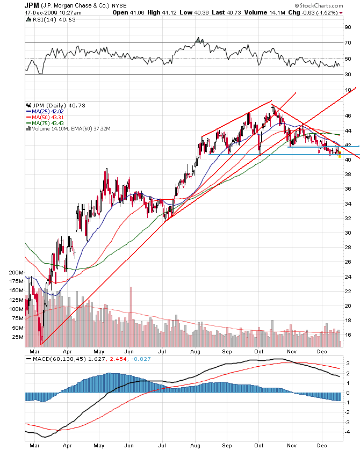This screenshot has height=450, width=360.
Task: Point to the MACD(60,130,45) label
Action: point(54,358)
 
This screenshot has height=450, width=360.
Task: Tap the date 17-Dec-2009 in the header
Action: point(41,12)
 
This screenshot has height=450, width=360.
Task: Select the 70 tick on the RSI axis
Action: point(348,42)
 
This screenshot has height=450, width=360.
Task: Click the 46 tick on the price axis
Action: point(348,116)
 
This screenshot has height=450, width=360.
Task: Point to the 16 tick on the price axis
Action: point(348,335)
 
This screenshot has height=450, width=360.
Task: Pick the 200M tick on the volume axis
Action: point(16,273)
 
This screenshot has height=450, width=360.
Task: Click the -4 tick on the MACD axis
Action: point(348,432)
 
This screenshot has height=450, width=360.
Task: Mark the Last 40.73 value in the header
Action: point(237,12)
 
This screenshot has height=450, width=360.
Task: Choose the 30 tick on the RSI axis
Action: point(348,75)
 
